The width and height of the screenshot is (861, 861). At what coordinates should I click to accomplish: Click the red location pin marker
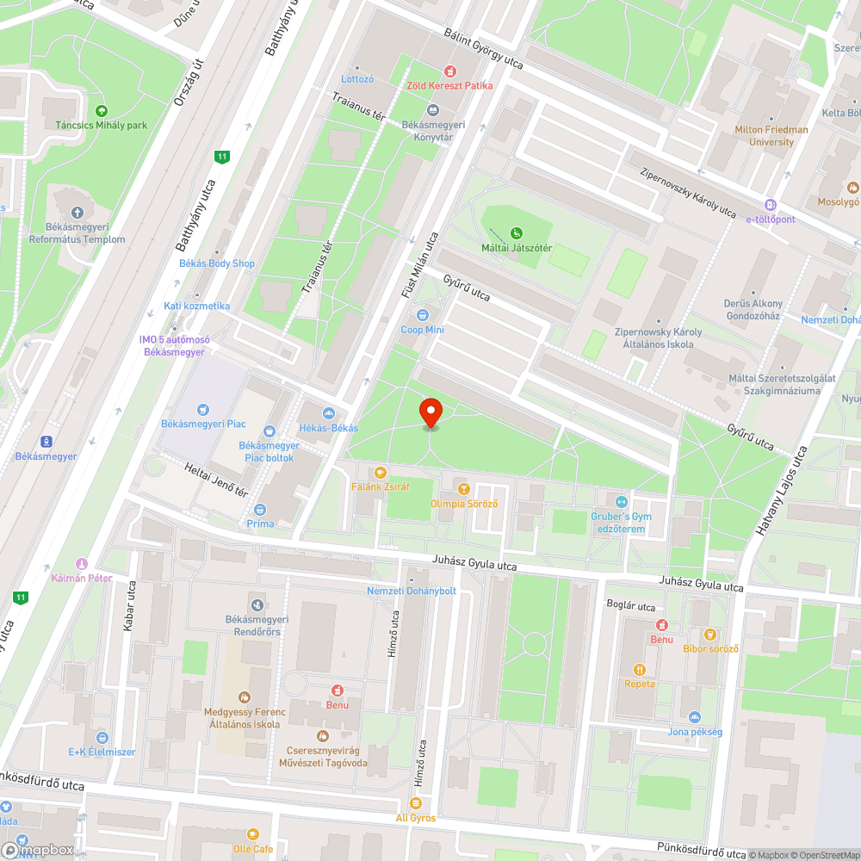[430, 412]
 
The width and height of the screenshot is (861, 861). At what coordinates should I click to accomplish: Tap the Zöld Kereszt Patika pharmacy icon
[449, 71]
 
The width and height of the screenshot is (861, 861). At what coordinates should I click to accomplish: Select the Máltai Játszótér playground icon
[517, 232]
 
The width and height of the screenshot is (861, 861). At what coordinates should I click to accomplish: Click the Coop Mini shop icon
[422, 316]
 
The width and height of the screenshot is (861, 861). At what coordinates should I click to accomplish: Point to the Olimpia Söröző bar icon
[464, 489]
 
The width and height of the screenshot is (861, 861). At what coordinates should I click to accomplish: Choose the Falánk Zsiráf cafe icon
[380, 472]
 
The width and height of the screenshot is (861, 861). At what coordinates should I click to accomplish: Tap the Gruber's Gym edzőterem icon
[623, 501]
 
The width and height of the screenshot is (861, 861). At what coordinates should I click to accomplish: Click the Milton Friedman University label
[771, 136]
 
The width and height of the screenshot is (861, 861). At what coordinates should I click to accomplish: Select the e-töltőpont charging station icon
[771, 205]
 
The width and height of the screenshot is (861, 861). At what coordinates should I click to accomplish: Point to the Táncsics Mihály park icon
[102, 111]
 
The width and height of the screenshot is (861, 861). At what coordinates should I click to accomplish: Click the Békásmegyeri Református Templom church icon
[77, 212]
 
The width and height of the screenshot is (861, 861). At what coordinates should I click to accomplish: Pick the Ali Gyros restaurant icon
[416, 803]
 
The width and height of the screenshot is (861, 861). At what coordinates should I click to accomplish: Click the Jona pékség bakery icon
[695, 717]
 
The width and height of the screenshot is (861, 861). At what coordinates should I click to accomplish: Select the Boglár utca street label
[631, 606]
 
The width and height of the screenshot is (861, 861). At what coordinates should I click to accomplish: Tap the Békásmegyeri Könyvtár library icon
[433, 110]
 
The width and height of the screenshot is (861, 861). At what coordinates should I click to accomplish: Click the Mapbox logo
[39, 849]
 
